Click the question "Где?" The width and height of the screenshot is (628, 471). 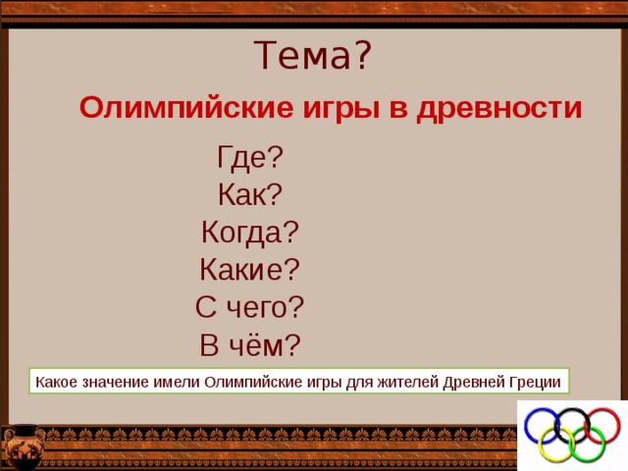(250, 158)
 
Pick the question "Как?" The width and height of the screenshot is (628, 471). (249, 195)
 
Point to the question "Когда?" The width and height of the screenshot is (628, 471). (249, 233)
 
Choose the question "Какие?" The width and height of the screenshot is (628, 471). (249, 270)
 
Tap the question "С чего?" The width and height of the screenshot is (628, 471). (249, 307)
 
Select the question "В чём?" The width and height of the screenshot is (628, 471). (249, 344)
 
